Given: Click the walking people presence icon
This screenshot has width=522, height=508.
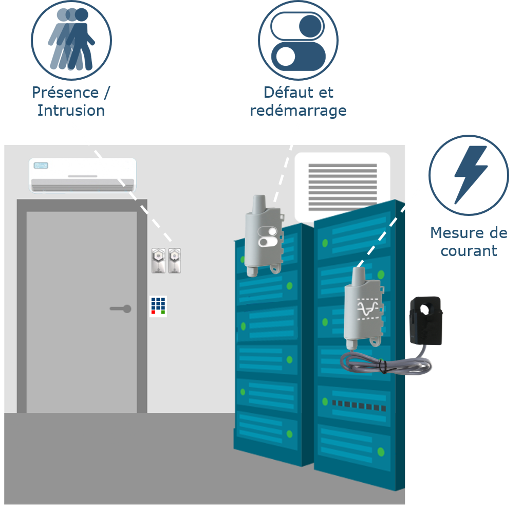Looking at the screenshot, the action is [x=71, y=39].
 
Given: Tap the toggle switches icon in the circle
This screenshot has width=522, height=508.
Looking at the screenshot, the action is [x=298, y=41].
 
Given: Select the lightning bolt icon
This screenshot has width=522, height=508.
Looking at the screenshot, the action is [x=470, y=174].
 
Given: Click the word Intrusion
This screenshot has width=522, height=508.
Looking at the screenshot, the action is [x=71, y=111].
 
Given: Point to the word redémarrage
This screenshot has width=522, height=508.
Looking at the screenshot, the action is [x=299, y=111].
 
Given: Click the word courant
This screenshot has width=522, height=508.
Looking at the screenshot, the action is [x=469, y=251].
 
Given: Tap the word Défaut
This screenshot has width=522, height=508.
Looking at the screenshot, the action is [x=288, y=93].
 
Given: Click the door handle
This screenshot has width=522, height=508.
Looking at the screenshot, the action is [x=121, y=309].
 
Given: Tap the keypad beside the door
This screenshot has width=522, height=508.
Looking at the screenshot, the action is [x=158, y=306].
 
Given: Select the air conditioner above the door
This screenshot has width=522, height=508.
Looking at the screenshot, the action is [x=83, y=175].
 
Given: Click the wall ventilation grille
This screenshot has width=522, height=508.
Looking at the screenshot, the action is [x=343, y=187].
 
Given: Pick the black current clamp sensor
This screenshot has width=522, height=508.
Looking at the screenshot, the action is [x=426, y=321].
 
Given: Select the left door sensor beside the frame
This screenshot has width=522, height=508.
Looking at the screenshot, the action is [x=158, y=261].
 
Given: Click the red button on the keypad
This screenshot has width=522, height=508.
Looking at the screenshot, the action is [x=153, y=312].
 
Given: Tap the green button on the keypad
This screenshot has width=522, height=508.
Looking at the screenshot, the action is [x=163, y=312].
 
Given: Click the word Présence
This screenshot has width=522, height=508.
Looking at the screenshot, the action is [x=65, y=93].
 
